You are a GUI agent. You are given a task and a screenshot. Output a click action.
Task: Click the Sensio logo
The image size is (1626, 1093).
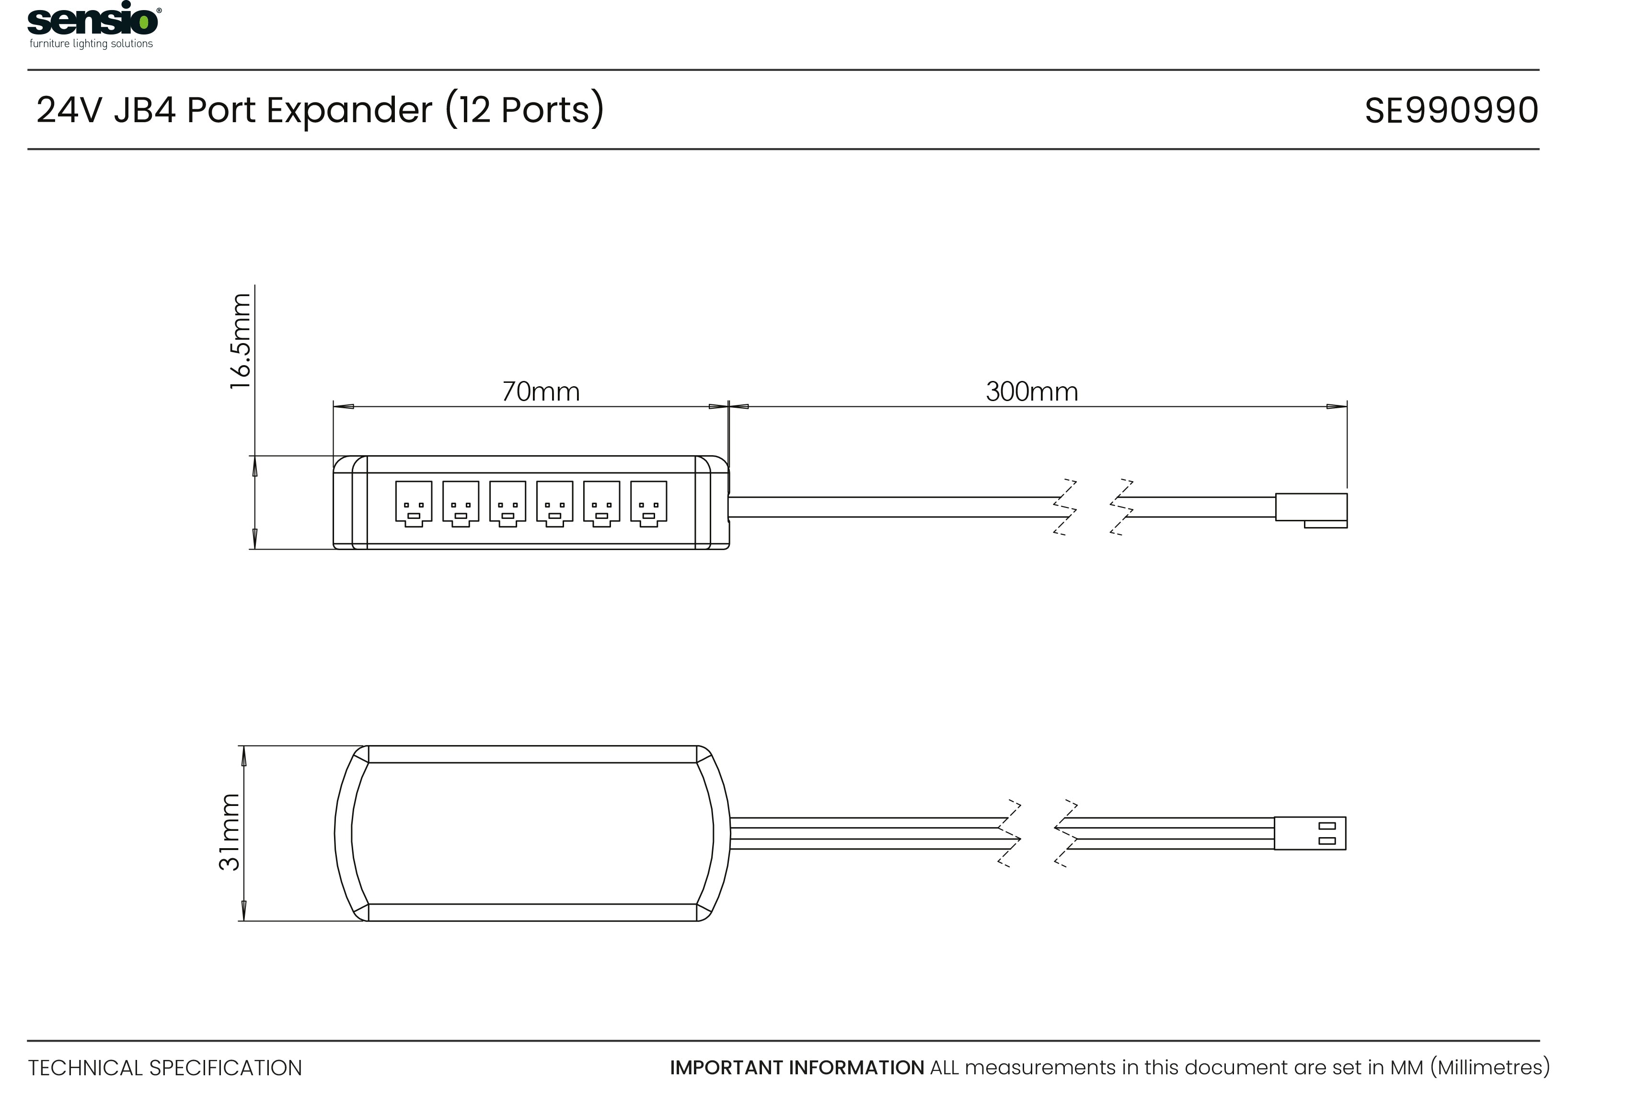pos(93,25)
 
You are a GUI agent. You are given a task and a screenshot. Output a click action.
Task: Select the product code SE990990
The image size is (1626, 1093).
pos(1451,110)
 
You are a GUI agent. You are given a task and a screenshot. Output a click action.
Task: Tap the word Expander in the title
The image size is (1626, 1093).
pos(349,110)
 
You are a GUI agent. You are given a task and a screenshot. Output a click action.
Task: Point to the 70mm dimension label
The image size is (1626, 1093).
pos(541,392)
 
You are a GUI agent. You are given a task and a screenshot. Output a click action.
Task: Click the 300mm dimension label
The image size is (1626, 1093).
pos(1031,392)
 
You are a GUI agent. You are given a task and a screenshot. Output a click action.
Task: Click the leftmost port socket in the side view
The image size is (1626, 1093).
pos(413,503)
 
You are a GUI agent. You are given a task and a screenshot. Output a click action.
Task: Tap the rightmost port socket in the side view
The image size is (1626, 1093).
pos(648,503)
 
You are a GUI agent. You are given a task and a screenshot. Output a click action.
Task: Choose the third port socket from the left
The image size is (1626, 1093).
pos(507,503)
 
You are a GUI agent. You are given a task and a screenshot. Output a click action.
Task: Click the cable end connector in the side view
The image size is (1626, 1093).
pos(1311,510)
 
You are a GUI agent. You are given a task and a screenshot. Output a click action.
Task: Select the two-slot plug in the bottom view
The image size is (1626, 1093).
pos(1310,833)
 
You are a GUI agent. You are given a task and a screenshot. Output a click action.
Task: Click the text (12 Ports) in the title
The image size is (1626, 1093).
pos(524,110)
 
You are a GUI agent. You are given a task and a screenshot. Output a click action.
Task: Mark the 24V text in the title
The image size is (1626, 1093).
pos(69,110)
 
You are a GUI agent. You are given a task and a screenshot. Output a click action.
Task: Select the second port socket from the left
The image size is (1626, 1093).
pos(461,503)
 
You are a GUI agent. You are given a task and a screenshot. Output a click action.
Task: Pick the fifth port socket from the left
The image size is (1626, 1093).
pos(601,503)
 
